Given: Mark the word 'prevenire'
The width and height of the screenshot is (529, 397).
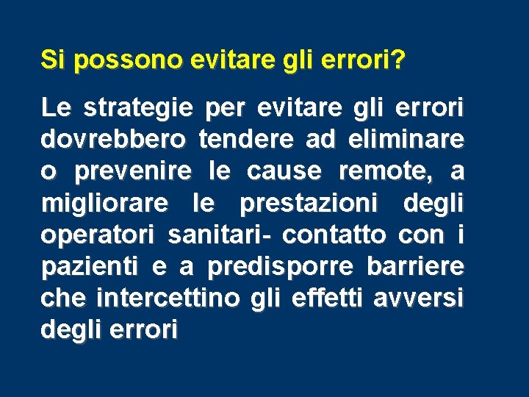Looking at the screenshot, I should pyautogui.click(x=132, y=172).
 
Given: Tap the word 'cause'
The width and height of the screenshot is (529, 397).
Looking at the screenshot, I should pyautogui.click(x=284, y=172).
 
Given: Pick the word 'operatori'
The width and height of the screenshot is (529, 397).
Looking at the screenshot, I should pyautogui.click(x=98, y=235).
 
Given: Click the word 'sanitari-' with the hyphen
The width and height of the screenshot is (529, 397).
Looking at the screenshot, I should pyautogui.click(x=219, y=235).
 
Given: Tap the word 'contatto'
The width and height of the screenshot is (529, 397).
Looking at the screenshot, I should pyautogui.click(x=334, y=235).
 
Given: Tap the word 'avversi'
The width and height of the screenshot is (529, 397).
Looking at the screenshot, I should pyautogui.click(x=419, y=298).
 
